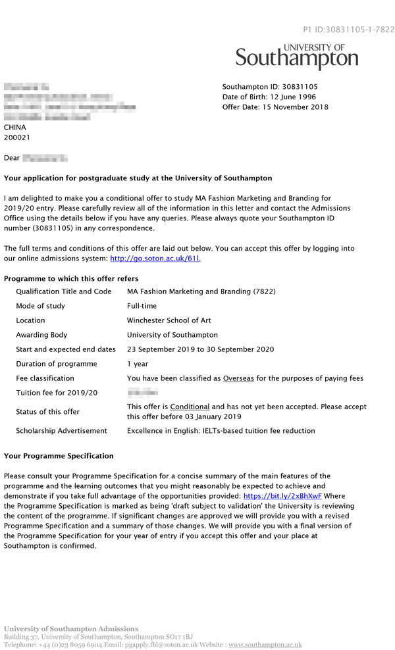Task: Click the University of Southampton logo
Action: (297, 57)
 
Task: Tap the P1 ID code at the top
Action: (348, 30)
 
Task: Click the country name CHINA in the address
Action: (15, 128)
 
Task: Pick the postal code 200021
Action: (17, 138)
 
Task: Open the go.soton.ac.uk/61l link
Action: (155, 259)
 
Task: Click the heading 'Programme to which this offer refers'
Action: (71, 279)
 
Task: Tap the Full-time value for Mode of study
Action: (142, 306)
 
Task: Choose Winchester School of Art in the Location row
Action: (169, 320)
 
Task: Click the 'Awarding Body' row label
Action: (41, 335)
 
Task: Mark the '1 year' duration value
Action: (138, 364)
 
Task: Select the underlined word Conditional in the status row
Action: (190, 407)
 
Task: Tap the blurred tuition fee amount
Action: (138, 393)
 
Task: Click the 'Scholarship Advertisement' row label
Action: (61, 431)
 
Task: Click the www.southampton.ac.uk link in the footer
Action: (265, 645)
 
